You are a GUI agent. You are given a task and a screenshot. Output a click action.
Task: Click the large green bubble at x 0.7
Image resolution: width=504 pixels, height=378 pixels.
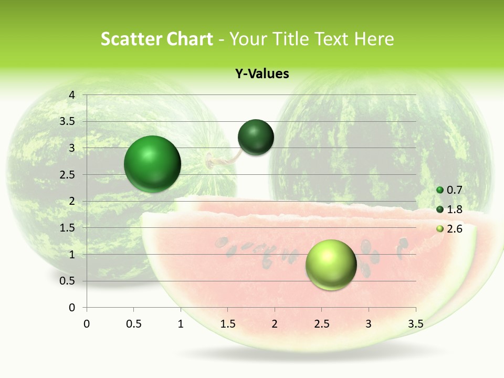pyautogui.click(x=152, y=164)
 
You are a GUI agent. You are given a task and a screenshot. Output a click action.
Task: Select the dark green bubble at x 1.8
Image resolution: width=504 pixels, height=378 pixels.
pyautogui.click(x=256, y=137)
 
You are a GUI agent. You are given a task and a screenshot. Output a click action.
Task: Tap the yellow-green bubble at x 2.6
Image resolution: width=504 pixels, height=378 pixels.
pyautogui.click(x=331, y=265)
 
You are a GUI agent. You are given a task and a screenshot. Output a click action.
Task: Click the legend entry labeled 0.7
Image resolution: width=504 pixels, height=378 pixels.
pyautogui.click(x=449, y=190)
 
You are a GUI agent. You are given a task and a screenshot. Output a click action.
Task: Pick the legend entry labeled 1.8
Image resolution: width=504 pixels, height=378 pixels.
pyautogui.click(x=449, y=209)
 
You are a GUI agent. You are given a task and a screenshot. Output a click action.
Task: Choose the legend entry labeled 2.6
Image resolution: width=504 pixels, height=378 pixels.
pyautogui.click(x=449, y=229)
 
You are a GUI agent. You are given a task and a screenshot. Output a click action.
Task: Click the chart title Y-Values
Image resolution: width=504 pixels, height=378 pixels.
pyautogui.click(x=261, y=74)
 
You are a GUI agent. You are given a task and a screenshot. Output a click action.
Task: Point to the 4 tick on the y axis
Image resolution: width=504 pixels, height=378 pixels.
pyautogui.click(x=72, y=95)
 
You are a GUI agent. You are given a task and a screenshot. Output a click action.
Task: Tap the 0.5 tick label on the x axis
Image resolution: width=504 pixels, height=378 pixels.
pyautogui.click(x=133, y=324)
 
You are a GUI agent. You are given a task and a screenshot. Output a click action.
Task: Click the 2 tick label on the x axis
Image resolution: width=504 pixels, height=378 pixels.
pyautogui.click(x=275, y=324)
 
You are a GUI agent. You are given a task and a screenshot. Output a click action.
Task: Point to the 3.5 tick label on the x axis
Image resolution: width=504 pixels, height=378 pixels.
pyautogui.click(x=415, y=324)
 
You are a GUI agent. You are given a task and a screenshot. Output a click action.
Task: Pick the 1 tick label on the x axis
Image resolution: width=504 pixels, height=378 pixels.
pyautogui.click(x=181, y=324)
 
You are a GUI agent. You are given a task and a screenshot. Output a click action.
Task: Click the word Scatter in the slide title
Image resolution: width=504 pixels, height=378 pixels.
pyautogui.click(x=131, y=39)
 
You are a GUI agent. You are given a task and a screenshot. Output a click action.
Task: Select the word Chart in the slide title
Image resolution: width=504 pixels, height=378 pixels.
pyautogui.click(x=190, y=39)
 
